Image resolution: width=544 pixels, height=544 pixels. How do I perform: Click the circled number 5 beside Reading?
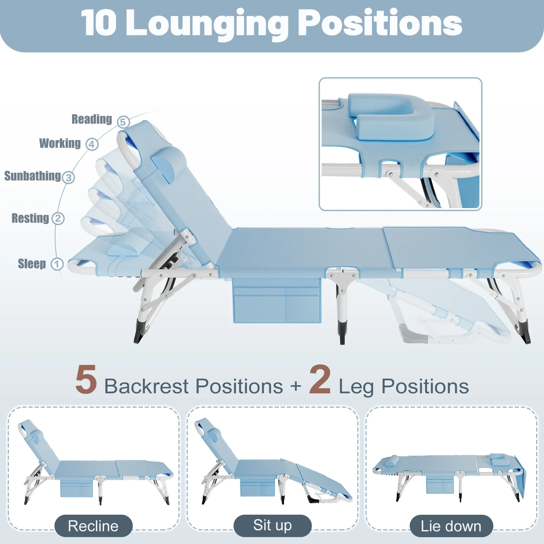tap(123, 122)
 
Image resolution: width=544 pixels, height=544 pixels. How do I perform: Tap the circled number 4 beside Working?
tap(92, 144)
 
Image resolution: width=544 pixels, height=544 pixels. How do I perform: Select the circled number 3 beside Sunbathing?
tap(68, 177)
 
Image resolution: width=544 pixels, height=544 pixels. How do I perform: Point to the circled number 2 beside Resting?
tap(58, 218)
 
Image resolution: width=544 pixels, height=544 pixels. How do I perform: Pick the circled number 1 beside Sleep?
tap(57, 264)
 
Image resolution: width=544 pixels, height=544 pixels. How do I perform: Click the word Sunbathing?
tap(33, 176)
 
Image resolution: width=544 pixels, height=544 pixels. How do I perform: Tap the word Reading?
tap(92, 119)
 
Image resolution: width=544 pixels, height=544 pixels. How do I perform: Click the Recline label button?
tap(93, 526)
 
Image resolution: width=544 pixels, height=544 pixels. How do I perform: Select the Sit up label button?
tap(273, 526)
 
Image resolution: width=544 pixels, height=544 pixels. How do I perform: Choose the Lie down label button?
tap(451, 526)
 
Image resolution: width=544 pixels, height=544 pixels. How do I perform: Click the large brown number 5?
tap(86, 380)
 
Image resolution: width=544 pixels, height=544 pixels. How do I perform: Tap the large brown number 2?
tap(320, 379)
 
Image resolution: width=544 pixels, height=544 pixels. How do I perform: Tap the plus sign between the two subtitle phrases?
tap(296, 387)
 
